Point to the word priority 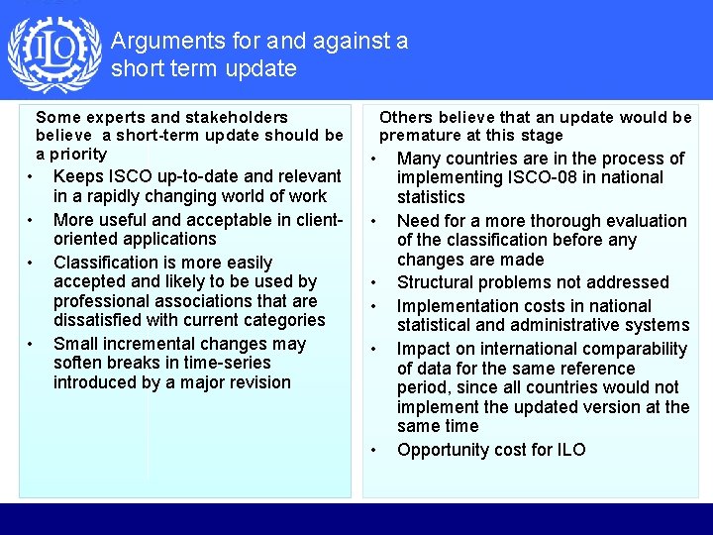78,154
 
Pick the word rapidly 109,196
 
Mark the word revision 256,382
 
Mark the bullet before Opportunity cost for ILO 374,451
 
